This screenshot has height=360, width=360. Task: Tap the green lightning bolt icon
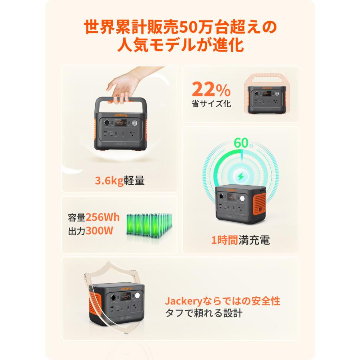click(x=241, y=176)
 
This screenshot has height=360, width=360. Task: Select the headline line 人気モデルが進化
click(x=180, y=45)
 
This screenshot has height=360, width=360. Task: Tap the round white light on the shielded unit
click(x=137, y=297)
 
